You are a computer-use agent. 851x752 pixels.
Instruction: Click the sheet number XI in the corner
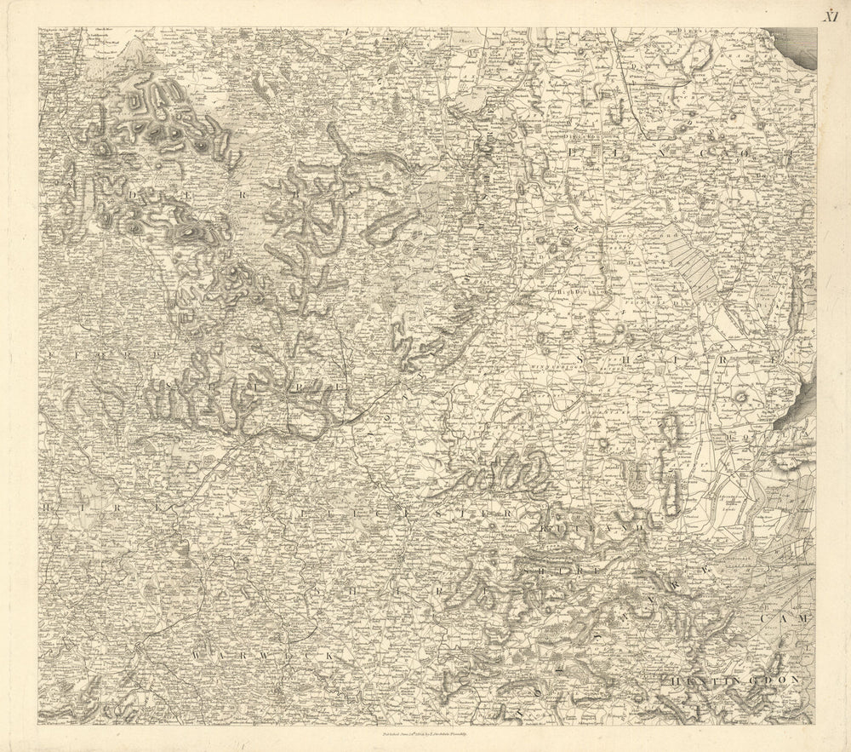pyautogui.click(x=830, y=14)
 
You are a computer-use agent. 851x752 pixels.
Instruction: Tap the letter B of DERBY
pyautogui.click(x=298, y=194)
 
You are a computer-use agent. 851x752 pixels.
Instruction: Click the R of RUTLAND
pyautogui.click(x=545, y=530)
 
